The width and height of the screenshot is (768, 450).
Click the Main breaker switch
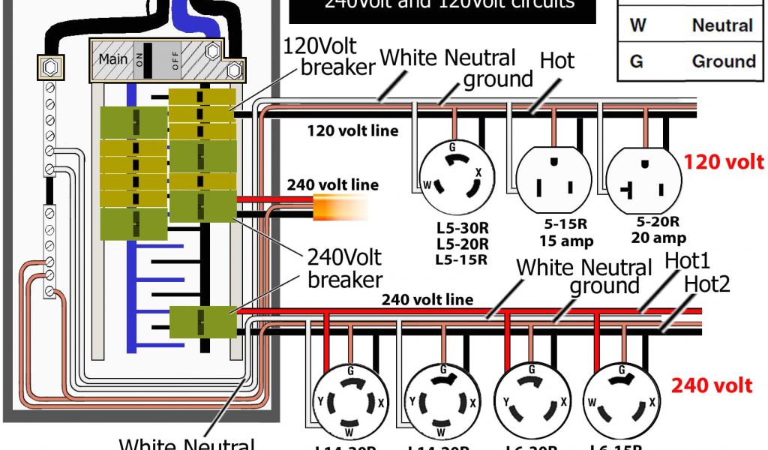point(146,58)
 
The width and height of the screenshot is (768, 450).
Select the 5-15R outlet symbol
point(552,178)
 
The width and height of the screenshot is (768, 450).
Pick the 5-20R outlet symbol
point(644,178)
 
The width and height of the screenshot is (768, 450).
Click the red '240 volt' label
point(711,385)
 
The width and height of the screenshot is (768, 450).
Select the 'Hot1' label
point(688,262)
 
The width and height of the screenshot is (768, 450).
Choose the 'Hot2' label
point(707,283)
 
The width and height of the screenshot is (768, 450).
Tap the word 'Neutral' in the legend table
point(721,25)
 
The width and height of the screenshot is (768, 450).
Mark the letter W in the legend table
point(637,25)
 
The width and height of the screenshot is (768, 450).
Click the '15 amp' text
point(566,241)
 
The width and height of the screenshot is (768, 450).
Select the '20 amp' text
point(658,238)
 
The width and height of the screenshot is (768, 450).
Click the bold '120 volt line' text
point(352,131)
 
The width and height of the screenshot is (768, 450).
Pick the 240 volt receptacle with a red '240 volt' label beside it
point(622,397)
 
